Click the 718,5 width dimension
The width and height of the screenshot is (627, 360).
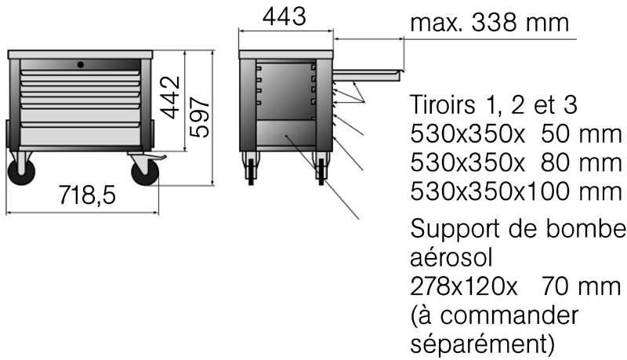(87, 195)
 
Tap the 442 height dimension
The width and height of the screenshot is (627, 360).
(171, 97)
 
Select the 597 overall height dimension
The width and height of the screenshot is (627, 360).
(200, 117)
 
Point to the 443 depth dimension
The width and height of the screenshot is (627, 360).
(285, 16)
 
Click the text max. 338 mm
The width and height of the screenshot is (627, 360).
(489, 23)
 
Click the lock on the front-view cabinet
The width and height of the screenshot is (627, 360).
(81, 64)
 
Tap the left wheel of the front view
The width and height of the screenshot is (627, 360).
(22, 172)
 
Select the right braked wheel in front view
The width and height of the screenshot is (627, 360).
(145, 172)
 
